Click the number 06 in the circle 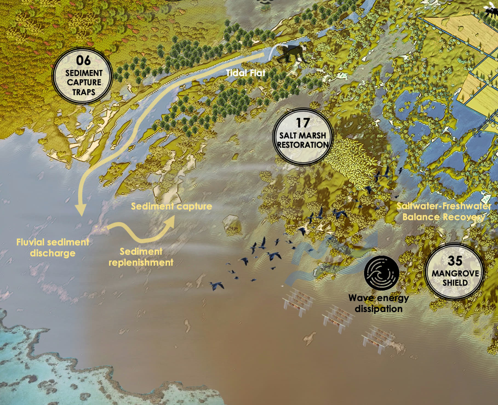tap(83, 60)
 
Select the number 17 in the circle tap(303, 123)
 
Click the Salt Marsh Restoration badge tap(303, 137)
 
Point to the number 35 tap(455, 261)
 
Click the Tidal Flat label tap(246, 73)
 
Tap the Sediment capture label tap(171, 206)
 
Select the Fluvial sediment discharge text tap(53, 247)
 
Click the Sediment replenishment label tap(141, 257)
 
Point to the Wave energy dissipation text tap(379, 303)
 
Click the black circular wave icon tap(381, 272)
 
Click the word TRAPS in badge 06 tap(84, 92)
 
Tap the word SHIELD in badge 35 tap(455, 283)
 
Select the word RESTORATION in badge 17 tap(303, 145)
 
